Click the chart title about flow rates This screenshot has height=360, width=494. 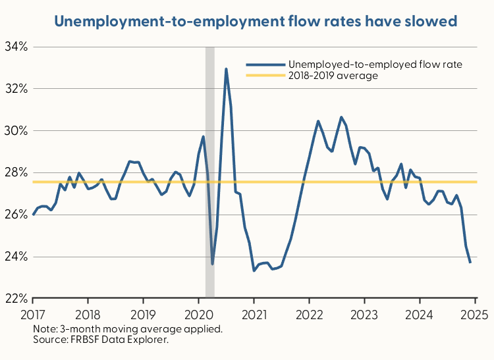click(x=256, y=21)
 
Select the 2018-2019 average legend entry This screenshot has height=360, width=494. click(x=333, y=76)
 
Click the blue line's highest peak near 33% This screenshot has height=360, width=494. click(x=226, y=68)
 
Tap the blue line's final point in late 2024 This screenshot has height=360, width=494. click(x=470, y=263)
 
